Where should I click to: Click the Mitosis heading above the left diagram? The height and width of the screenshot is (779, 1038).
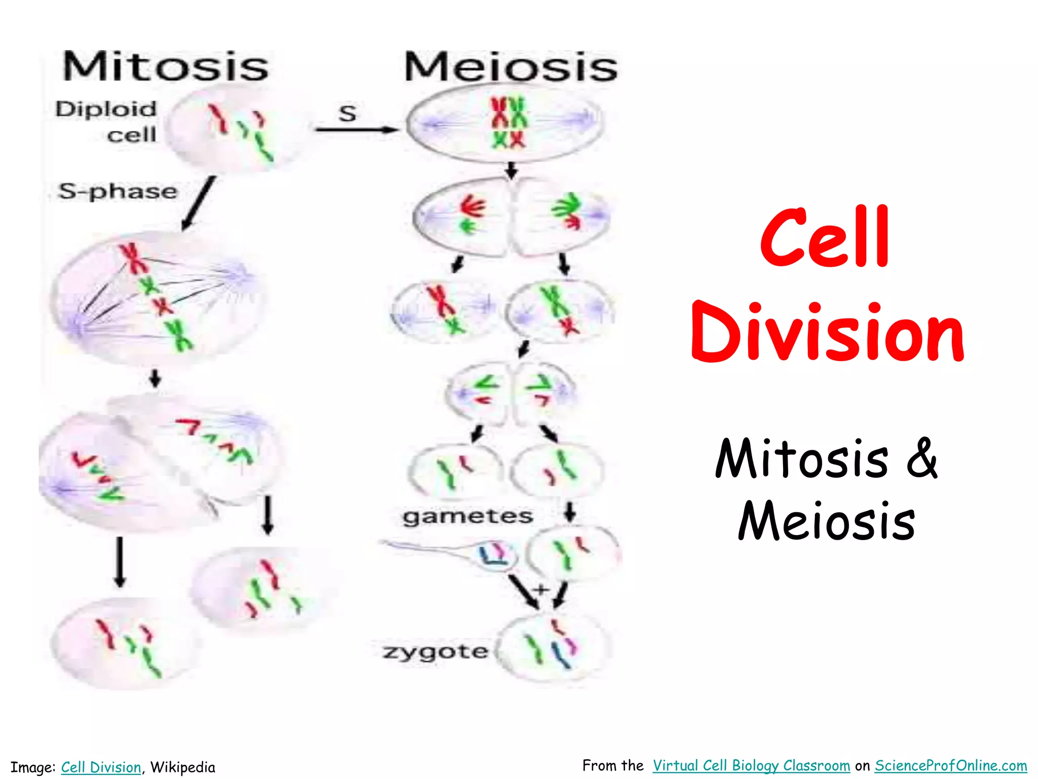(x=165, y=67)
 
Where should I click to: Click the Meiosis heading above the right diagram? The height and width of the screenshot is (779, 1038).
(x=510, y=67)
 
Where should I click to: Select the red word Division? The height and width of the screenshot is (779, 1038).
(x=827, y=332)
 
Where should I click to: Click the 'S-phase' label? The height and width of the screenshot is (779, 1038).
(x=118, y=192)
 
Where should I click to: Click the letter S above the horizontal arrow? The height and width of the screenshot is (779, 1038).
(x=347, y=114)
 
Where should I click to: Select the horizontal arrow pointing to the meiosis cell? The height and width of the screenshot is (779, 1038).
(x=356, y=130)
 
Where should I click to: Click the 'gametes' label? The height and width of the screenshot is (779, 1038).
(x=467, y=517)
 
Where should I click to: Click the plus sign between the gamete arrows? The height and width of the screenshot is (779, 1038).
(x=541, y=589)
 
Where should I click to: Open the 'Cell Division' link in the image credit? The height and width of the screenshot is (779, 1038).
(x=101, y=767)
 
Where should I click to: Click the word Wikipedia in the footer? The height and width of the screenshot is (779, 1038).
(x=182, y=767)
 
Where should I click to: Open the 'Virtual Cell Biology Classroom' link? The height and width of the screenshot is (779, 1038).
(x=751, y=765)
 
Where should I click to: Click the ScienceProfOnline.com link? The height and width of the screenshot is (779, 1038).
(x=951, y=765)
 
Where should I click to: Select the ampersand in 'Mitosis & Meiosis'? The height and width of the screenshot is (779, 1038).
(x=921, y=457)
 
